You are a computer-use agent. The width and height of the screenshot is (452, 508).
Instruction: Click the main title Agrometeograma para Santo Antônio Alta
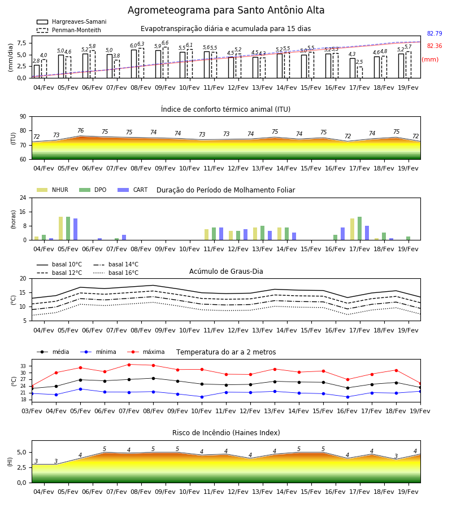click(226, 10)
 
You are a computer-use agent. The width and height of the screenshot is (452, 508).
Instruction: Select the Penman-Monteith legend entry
click(69, 30)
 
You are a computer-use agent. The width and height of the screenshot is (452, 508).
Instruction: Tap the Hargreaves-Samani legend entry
click(71, 21)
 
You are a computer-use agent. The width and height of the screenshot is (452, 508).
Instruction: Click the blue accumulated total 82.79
click(434, 33)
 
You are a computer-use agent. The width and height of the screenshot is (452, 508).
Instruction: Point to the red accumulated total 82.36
click(434, 46)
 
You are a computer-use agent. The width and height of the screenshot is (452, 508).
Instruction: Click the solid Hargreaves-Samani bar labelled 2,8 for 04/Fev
click(37, 72)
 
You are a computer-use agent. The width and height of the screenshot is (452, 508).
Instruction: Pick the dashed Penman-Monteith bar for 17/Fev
click(360, 72)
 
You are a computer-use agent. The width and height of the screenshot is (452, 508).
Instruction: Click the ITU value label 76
click(80, 130)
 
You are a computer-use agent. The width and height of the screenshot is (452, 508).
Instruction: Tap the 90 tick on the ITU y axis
click(23, 117)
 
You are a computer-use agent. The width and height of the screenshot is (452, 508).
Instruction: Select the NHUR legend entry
click(53, 190)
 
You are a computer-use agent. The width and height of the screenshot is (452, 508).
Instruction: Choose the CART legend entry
click(133, 190)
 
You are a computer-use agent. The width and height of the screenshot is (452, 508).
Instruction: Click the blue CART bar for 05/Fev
click(76, 229)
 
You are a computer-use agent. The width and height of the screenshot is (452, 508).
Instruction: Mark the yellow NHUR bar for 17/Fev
click(352, 229)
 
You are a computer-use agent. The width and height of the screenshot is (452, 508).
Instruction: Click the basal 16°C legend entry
click(116, 273)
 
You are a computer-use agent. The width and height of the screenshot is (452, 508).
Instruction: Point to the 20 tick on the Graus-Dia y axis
click(23, 278)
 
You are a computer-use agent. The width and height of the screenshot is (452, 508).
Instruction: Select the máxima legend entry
click(146, 352)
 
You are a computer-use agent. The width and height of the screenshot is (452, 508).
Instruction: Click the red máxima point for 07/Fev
click(129, 365)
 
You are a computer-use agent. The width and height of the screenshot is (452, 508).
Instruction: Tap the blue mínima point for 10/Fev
click(202, 397)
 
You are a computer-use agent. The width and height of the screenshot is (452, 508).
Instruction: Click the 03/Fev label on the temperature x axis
click(32, 411)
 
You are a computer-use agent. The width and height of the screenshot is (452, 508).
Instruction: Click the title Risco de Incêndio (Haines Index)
click(226, 433)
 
